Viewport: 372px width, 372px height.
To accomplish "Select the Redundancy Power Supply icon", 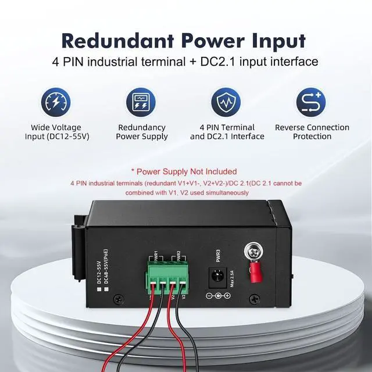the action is point(141,101).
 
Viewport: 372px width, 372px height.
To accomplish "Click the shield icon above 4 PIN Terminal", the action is point(227,101).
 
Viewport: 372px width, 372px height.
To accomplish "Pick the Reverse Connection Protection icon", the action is point(312,101).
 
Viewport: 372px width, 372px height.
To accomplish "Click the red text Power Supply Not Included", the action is point(184,171).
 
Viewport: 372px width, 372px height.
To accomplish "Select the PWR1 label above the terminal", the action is point(156,255).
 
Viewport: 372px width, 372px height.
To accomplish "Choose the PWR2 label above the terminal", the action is point(179,255).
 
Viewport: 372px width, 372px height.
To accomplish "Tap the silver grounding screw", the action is point(253,251).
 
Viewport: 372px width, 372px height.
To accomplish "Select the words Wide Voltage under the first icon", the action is point(56,127).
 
